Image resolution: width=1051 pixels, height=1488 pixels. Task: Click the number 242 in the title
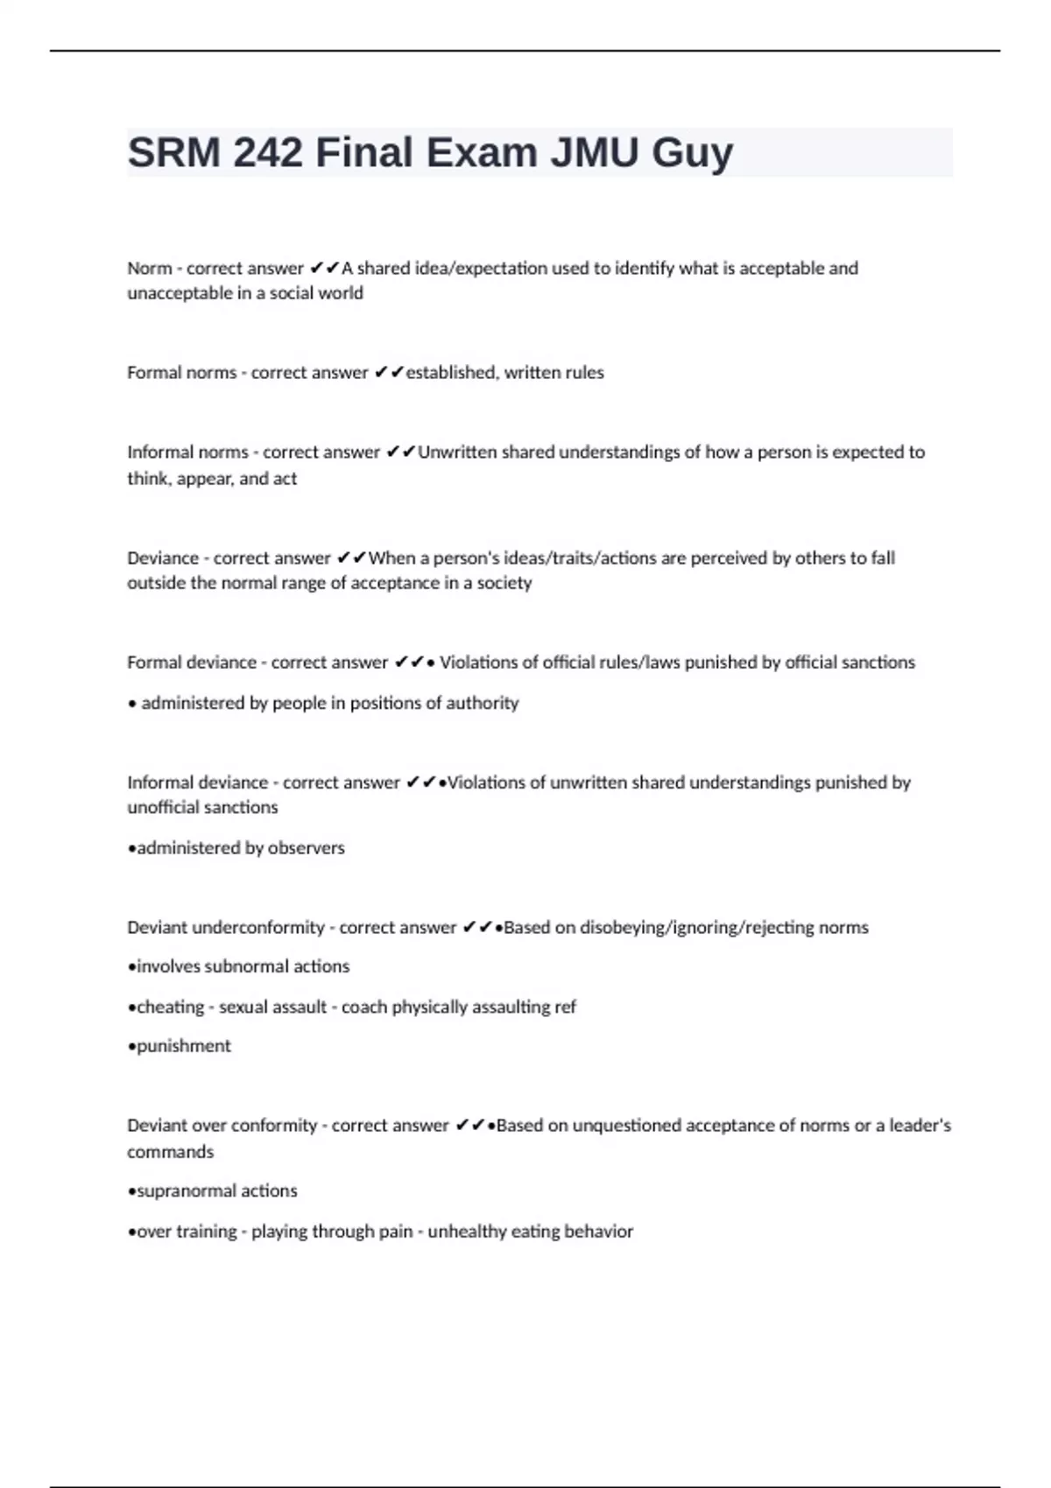coord(268,152)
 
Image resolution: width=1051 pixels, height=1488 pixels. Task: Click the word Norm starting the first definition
coord(149,268)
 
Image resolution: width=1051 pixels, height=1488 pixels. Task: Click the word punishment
coord(183,1047)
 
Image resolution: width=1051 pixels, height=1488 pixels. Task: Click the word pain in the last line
coord(395,1232)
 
